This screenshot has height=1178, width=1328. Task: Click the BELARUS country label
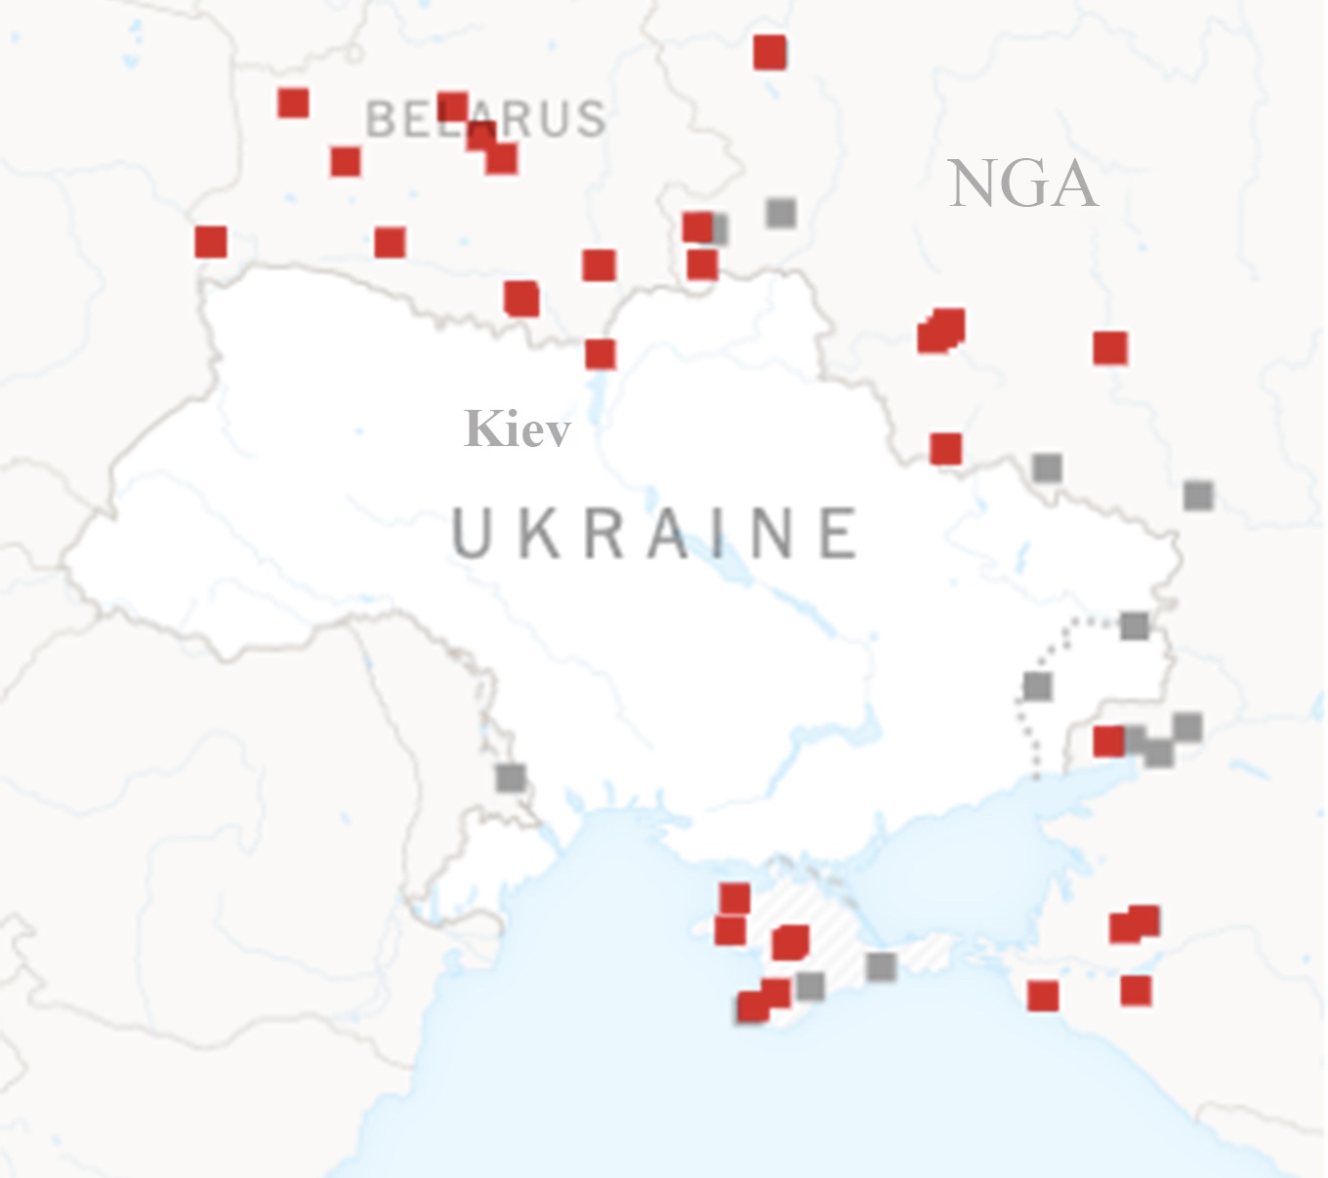point(485,119)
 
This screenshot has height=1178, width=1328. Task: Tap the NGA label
point(1022,183)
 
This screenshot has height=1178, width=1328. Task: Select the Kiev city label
point(518,428)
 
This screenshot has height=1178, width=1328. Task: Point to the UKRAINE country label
point(655,533)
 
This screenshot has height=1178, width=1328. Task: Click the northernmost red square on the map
point(769,53)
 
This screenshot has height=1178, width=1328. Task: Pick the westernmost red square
point(211,241)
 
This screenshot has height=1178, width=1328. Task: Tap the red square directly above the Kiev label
point(601,353)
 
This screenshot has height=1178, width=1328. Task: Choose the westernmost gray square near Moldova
point(510,778)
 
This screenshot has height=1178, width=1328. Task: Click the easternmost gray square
point(1198,495)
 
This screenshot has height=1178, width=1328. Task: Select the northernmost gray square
point(780,212)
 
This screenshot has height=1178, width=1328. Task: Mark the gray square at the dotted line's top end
point(1134,626)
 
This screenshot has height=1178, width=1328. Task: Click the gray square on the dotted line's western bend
point(1037,687)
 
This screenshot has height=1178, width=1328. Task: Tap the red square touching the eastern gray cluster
point(1108,742)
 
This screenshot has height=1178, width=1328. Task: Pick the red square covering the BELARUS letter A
point(452,106)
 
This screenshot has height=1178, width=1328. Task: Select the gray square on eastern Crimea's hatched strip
point(881,966)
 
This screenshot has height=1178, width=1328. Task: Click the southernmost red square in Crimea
point(753,1006)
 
